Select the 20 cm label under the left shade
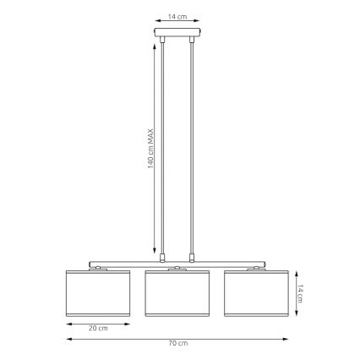point(97,328)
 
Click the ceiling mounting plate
point(177,35)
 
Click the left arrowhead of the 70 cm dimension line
point(68,338)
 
